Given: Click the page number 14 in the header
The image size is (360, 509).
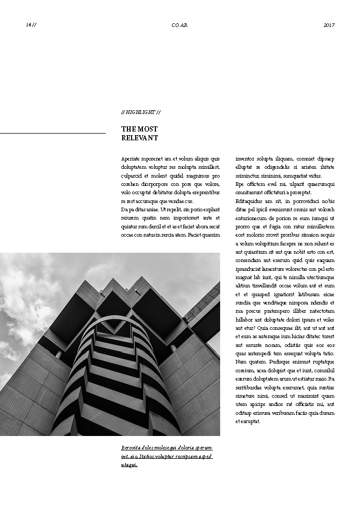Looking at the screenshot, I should (28, 25).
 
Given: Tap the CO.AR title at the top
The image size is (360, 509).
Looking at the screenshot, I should (180, 25).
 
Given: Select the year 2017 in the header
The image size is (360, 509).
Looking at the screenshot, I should (329, 25).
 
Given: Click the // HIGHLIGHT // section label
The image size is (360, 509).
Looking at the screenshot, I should (140, 112).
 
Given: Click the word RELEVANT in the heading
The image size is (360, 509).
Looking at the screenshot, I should (139, 138).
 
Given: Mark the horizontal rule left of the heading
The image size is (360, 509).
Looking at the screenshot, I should (52, 134).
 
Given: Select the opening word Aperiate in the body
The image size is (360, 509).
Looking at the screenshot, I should (131, 158).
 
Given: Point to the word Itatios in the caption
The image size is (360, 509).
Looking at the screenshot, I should (148, 456).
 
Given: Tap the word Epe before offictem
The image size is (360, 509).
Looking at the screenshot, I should (240, 184).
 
